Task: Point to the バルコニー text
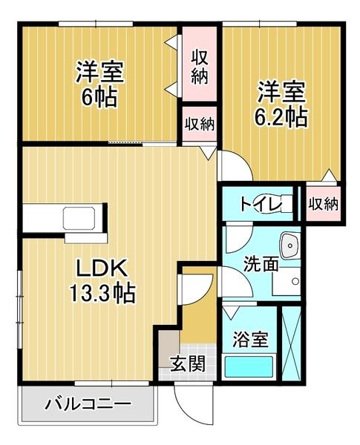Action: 88,405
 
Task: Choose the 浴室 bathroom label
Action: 249,340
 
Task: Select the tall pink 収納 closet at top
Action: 200,66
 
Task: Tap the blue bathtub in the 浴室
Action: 249,366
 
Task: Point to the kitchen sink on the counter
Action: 79,220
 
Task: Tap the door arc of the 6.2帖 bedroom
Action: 230,165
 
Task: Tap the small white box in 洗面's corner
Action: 293,282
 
